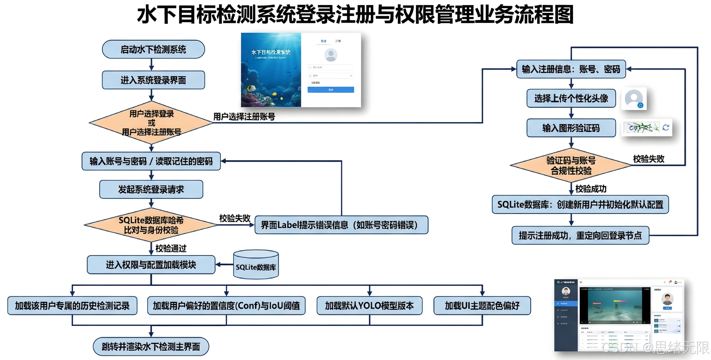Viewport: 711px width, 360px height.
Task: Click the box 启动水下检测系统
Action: [153, 50]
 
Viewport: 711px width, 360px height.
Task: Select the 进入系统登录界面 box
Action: [153, 80]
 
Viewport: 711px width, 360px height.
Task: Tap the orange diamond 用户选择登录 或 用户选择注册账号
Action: [151, 123]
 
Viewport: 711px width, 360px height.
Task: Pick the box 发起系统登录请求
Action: [151, 189]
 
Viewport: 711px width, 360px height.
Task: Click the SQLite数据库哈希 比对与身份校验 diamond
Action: [151, 225]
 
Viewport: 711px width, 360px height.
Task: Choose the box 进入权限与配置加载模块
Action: [151, 265]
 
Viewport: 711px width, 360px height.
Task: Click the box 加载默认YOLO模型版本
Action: [369, 306]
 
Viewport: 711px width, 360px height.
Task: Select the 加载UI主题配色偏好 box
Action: [482, 306]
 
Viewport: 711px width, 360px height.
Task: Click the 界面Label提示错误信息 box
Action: [341, 225]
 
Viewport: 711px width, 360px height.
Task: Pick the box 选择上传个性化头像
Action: [571, 98]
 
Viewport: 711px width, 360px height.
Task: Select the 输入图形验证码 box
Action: [571, 128]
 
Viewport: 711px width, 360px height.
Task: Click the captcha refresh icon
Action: [666, 128]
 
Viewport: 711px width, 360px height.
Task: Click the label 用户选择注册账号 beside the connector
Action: [244, 117]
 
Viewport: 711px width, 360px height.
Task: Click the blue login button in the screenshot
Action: [331, 90]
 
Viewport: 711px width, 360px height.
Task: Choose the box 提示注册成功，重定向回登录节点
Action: [580, 235]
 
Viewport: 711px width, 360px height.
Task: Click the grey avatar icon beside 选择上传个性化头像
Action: [634, 98]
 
